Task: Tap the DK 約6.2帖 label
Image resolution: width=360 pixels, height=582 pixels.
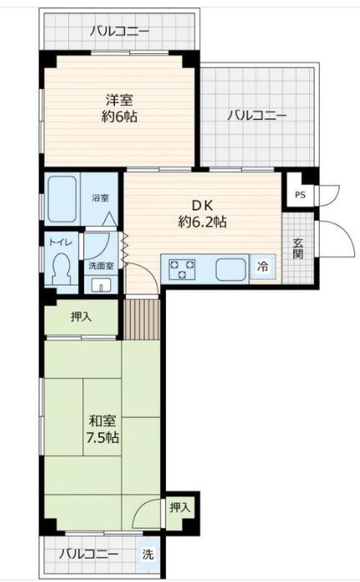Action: [x=202, y=213]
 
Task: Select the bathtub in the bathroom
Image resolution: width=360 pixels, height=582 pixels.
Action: [x=62, y=198]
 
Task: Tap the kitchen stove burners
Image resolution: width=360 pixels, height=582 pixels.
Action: [x=182, y=269]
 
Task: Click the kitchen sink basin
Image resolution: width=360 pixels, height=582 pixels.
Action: [x=231, y=269]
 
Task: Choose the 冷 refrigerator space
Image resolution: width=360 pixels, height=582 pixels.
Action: [x=262, y=268]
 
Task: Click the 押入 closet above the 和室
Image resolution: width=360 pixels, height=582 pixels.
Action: [x=81, y=316]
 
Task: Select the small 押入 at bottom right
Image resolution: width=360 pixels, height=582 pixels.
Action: [x=179, y=507]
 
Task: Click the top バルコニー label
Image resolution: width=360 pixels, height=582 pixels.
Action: [x=119, y=32]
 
